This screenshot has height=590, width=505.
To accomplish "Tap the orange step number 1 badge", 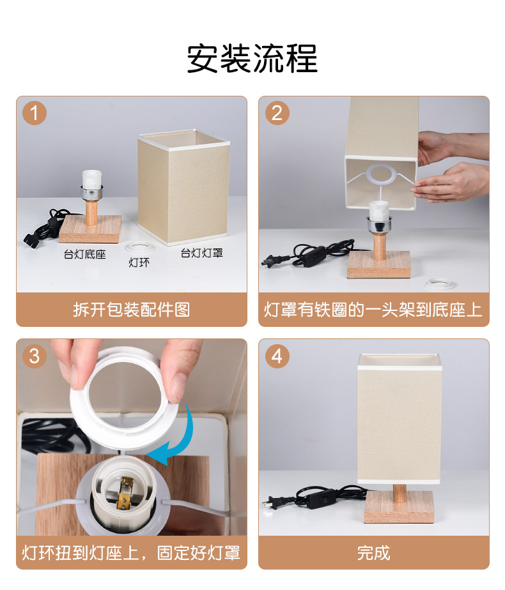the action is (35, 113).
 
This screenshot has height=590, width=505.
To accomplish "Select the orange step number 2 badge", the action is (277, 113).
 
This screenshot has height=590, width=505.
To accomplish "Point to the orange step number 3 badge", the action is (35, 356).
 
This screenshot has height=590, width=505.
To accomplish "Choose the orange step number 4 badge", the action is (277, 356).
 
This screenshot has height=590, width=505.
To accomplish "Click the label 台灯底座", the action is (85, 254).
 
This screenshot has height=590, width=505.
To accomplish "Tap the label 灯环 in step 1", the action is (139, 262).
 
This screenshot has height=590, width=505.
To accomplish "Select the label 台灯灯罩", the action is (202, 253).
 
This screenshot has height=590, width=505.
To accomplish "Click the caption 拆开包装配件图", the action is (132, 310).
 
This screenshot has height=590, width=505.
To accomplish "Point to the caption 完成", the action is (373, 553).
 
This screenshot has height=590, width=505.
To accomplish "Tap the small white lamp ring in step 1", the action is (138, 248).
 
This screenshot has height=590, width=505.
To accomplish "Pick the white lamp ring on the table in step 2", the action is (439, 284).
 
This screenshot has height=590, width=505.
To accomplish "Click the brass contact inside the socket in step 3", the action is (124, 494).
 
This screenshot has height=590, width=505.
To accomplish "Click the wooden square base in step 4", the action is (399, 506).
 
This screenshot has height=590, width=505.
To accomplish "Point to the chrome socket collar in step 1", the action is (91, 192).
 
